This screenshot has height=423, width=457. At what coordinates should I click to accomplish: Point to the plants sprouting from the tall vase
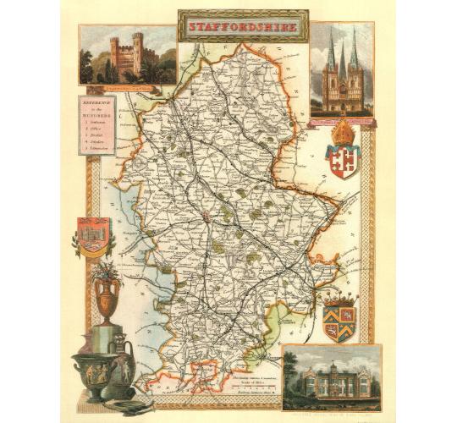(107, 271)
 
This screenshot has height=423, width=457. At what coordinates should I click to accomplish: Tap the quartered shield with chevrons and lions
(339, 321)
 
